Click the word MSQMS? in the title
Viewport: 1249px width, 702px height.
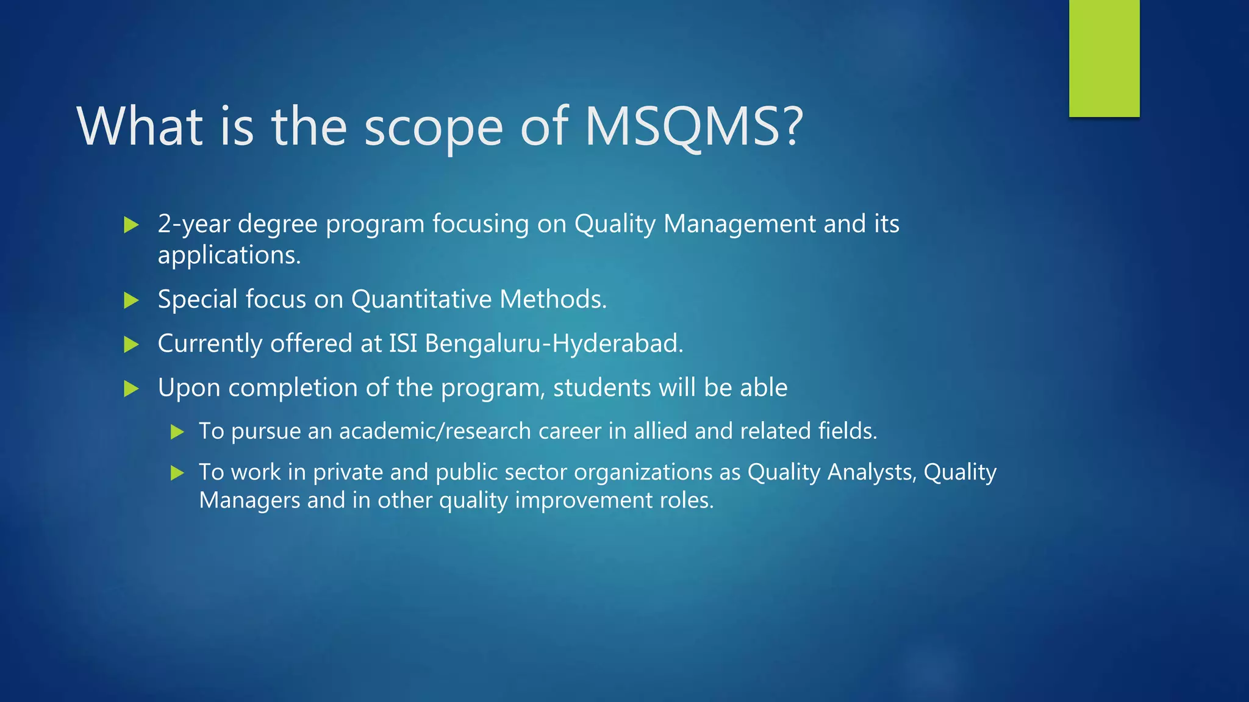click(x=694, y=126)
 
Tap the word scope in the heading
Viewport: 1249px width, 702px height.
click(x=434, y=128)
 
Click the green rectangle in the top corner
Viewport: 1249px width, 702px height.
click(x=1104, y=58)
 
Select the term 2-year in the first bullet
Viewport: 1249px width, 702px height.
click(x=194, y=224)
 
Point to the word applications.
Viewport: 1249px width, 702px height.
click(x=229, y=255)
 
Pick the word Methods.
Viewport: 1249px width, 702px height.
click(x=553, y=299)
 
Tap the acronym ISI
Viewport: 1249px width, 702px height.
click(x=403, y=343)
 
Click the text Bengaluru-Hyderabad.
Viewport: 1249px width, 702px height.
click(x=554, y=343)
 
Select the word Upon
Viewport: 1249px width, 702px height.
click(x=189, y=388)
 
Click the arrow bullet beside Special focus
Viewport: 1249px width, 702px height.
click(x=131, y=300)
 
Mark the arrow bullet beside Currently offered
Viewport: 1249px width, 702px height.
click(x=131, y=344)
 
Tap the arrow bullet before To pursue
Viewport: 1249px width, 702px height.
click(x=177, y=432)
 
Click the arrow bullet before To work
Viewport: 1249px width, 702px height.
click(x=177, y=473)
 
